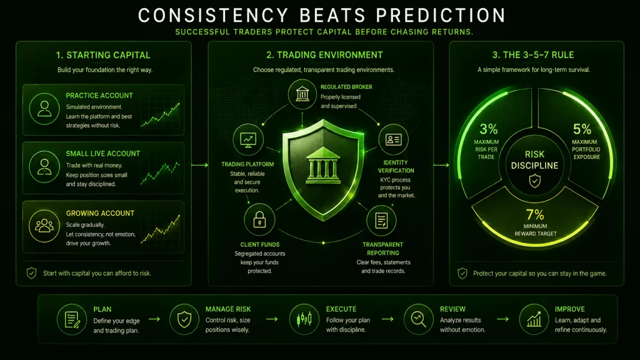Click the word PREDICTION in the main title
tap(441, 16)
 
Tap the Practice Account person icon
tap(44, 109)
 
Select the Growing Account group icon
tap(44, 226)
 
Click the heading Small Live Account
tap(103, 154)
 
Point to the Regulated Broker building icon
tap(302, 94)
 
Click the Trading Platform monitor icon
tap(248, 139)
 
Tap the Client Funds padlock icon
tap(259, 219)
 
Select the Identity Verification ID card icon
tap(393, 139)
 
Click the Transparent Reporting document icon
tap(381, 221)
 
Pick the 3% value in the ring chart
tap(489, 129)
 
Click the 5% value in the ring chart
tap(582, 129)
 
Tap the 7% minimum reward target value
tap(535, 214)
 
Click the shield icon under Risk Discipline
tap(535, 181)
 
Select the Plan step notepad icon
tap(72, 319)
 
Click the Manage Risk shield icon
tap(184, 319)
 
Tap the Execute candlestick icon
tap(304, 319)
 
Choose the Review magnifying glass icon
tap(418, 319)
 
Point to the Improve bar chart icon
tap(534, 319)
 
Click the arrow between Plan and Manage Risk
tap(154, 319)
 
